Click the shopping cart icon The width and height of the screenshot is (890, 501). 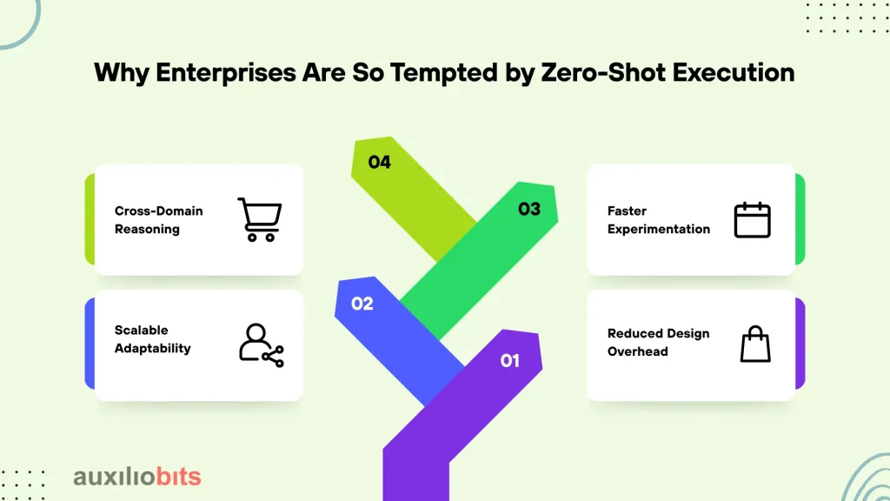260,219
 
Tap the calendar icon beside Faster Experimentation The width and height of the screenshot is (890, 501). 752,220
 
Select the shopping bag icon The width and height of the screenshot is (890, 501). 755,344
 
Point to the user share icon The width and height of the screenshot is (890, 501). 261,345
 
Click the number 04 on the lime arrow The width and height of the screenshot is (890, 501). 379,163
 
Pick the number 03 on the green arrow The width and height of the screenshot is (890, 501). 529,209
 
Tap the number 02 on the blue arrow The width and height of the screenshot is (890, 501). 362,304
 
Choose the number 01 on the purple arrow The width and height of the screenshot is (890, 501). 509,361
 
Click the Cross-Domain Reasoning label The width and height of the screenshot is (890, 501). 158,220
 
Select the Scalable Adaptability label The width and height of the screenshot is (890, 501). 152,339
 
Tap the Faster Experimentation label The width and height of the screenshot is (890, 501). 659,220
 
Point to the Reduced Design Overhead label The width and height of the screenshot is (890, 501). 659,343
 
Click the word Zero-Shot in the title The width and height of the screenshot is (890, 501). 603,73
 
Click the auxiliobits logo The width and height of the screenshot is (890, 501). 137,477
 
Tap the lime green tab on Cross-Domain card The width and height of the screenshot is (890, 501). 90,219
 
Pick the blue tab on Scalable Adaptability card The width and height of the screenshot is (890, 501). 90,344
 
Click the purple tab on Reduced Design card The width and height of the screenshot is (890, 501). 800,344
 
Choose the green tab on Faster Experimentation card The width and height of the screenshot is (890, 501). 800,219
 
